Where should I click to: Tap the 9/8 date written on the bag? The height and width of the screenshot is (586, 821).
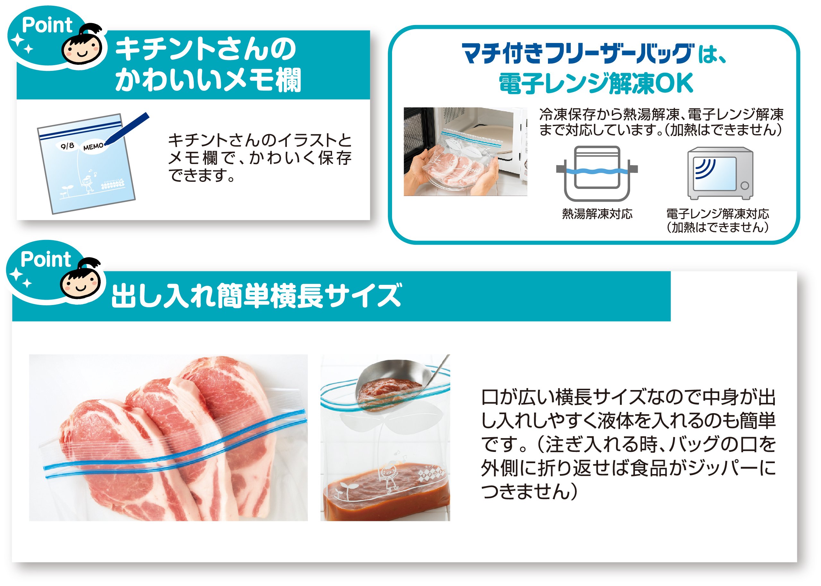coord(67,146)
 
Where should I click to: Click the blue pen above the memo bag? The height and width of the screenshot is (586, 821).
coord(127,129)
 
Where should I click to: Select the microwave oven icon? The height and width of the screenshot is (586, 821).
coord(720,173)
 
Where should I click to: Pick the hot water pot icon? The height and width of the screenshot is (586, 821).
coord(597,174)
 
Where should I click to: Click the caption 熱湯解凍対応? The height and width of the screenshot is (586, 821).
coord(597,214)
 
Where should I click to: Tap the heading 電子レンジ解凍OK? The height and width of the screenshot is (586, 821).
coord(596,83)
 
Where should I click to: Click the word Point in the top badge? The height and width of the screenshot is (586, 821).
coord(47,25)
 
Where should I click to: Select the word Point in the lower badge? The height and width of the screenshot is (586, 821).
coord(46,259)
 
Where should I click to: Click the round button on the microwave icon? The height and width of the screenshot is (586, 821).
coord(745,186)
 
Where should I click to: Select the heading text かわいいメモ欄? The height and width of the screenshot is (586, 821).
coord(208,80)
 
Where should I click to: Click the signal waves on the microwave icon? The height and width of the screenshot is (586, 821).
coord(705,168)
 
